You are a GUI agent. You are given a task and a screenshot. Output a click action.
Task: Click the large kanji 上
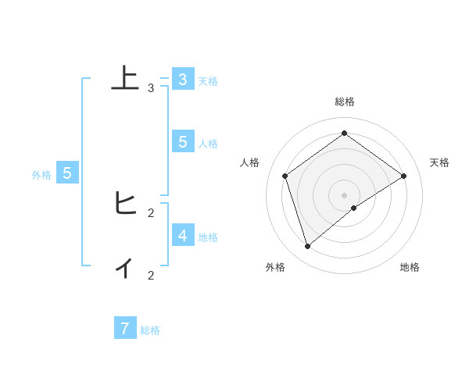pos(124,79)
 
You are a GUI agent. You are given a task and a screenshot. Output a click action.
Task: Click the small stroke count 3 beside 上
pos(151,88)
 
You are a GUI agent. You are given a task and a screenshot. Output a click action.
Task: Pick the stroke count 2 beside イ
pos(151,275)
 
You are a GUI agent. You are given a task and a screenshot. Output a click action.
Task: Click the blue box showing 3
pos(182,80)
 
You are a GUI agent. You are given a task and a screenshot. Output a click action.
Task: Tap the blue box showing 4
pos(182,234)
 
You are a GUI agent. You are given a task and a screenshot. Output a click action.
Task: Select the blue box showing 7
pos(124,329)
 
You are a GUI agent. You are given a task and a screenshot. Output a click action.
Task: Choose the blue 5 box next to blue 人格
pos(182,141)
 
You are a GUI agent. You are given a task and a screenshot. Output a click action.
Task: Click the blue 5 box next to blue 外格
pos(67,173)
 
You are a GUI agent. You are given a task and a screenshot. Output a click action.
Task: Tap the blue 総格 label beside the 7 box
pos(150,330)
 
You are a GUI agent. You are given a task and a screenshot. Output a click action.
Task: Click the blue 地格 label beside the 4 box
pos(208,237)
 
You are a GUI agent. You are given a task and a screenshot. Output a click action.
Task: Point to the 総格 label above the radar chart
pos(344,102)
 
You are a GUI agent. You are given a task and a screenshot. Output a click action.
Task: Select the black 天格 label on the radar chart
pos(439,162)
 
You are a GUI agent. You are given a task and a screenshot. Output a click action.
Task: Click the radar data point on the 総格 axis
pos(344,133)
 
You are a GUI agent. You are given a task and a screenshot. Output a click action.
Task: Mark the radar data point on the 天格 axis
pos(403,176)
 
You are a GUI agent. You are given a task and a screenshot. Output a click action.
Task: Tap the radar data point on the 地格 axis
pos(354,208)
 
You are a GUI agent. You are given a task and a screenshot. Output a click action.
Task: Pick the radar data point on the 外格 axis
pos(308,247)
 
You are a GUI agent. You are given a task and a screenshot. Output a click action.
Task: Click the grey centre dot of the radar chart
pos(344,194)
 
